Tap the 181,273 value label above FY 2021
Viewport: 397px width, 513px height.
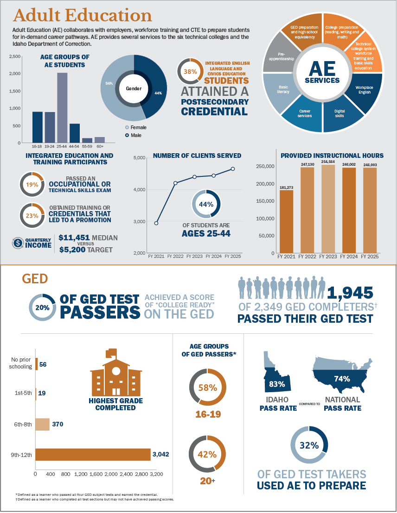(x=286, y=187)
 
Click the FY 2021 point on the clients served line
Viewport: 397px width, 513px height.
(x=156, y=223)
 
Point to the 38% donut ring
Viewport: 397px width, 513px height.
(x=190, y=71)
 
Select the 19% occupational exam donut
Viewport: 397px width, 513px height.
(x=32, y=184)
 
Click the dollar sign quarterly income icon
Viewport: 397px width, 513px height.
(x=18, y=242)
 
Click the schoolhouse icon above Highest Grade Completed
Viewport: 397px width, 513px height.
(x=115, y=375)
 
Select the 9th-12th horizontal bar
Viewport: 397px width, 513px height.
(x=93, y=455)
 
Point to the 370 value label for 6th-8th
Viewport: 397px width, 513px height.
(x=58, y=424)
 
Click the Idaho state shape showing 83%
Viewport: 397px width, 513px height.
(x=276, y=377)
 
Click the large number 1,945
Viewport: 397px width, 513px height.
(x=350, y=293)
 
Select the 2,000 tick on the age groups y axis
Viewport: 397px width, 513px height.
(x=15, y=74)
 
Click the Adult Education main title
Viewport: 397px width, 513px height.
(x=83, y=15)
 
